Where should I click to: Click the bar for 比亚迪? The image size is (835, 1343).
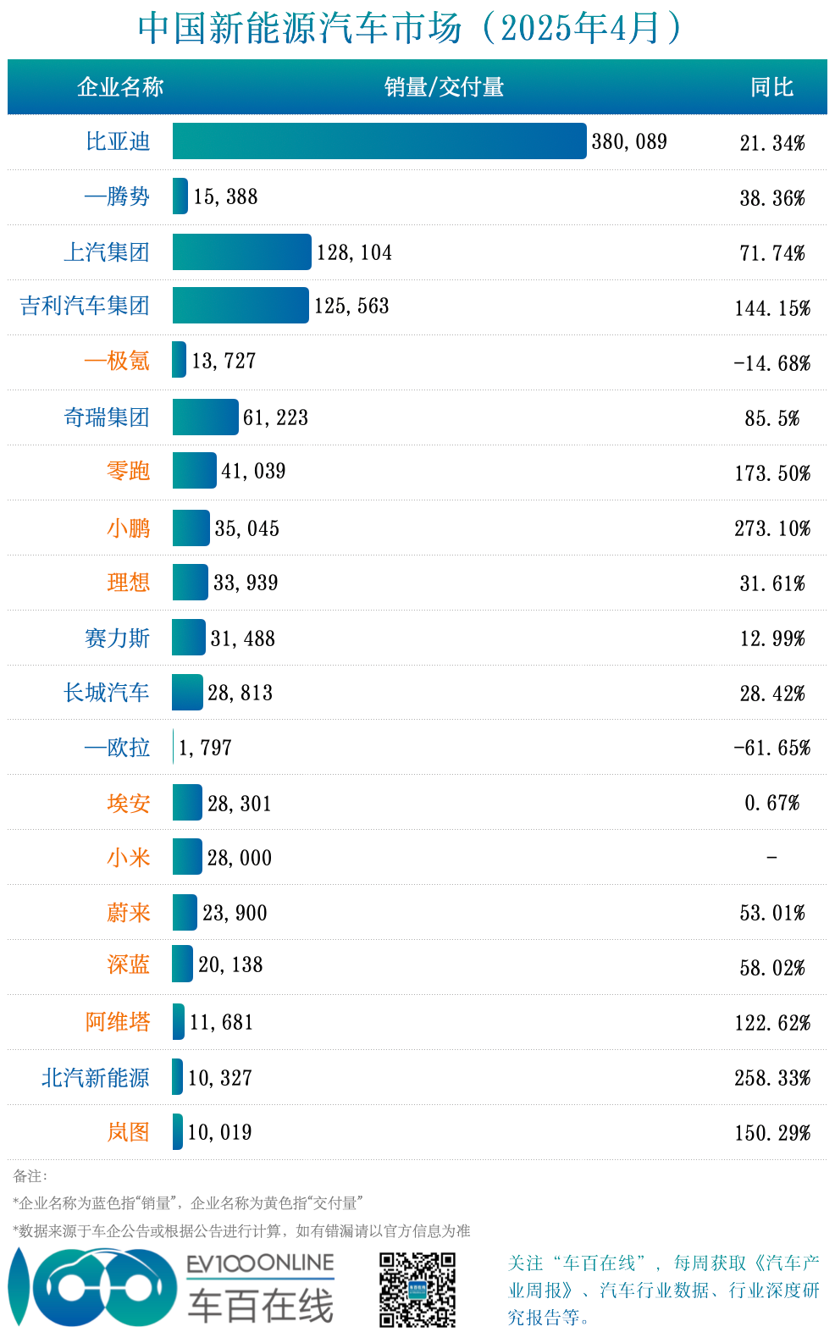pos(379,141)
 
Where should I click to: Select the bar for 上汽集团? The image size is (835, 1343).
pos(241,252)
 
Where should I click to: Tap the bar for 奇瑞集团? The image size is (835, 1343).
pos(205,417)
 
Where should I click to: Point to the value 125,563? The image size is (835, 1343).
pos(351,307)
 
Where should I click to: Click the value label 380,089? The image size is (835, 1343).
pos(629,142)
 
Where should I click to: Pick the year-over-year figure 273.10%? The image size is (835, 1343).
pos(771,529)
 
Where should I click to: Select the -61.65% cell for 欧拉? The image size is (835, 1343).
pos(771,749)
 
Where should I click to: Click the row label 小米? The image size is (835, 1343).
pos(128,858)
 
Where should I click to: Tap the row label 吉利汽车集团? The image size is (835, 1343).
pos(85,307)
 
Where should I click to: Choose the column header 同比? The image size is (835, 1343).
pos(771,87)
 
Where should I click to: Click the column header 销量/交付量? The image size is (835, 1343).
pos(444,87)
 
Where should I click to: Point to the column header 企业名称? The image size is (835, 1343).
pos(120,87)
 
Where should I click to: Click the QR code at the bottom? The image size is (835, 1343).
pos(417,1290)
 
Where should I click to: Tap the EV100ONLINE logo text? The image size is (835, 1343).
pos(261,1264)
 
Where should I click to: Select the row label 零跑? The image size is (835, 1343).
pos(128,472)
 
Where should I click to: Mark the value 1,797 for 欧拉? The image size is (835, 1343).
pos(205,749)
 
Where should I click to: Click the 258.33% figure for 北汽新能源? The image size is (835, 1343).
pos(771,1079)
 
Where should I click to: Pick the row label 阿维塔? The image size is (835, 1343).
pos(118,1022)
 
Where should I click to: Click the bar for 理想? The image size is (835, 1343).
pos(190,583)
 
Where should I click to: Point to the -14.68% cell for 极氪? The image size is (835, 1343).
pos(771,363)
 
